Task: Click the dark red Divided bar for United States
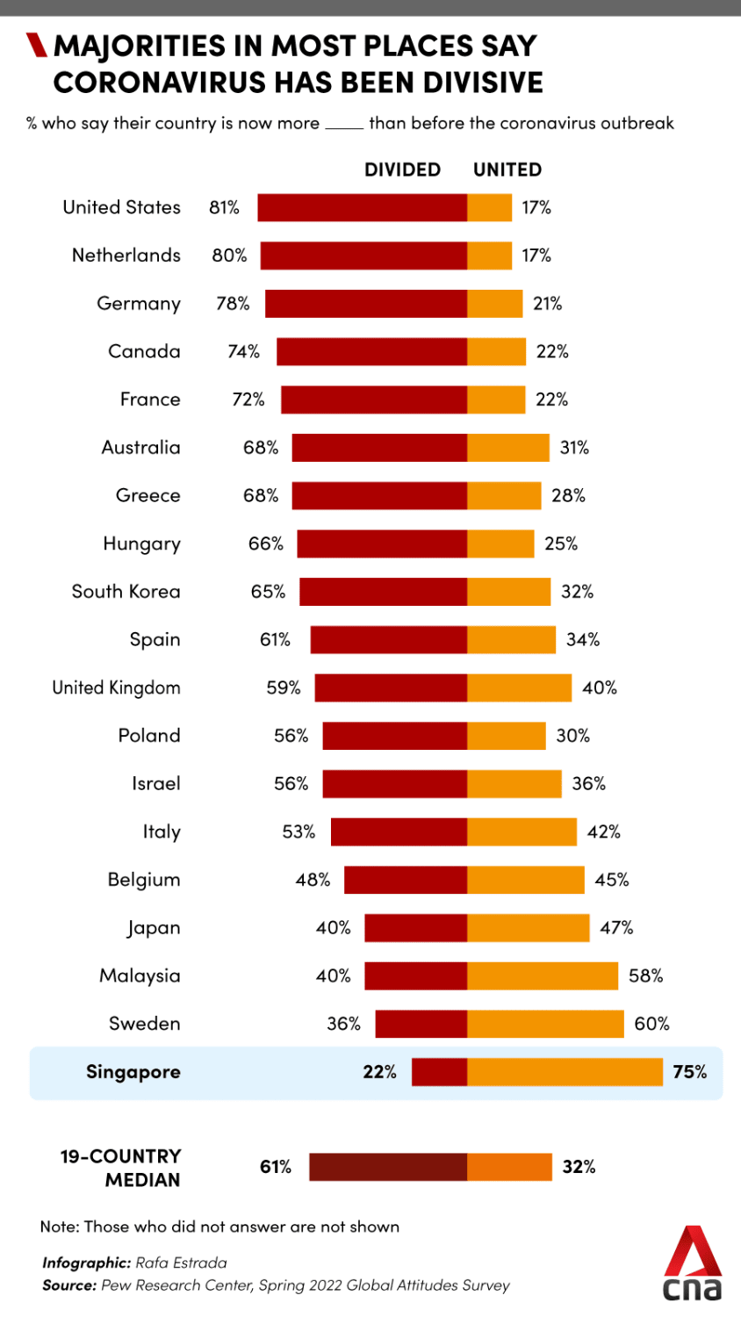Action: (x=362, y=208)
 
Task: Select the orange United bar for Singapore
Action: (x=565, y=1072)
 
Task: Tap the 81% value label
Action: (x=224, y=208)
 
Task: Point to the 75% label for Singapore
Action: (x=689, y=1072)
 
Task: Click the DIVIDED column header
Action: (x=402, y=169)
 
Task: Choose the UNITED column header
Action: (x=507, y=169)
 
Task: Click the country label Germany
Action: (x=139, y=304)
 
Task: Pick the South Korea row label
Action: (x=126, y=592)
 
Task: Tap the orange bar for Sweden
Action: (x=545, y=1024)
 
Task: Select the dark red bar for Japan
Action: (x=415, y=928)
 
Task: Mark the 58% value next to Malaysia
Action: (x=645, y=976)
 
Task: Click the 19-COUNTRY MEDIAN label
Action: (x=120, y=1168)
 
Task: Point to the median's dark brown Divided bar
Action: (x=387, y=1167)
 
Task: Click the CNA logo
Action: (x=692, y=1264)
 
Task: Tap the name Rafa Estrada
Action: (x=181, y=1263)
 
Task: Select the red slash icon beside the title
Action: (x=36, y=45)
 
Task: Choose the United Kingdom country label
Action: (x=116, y=687)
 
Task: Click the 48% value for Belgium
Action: (x=313, y=880)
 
